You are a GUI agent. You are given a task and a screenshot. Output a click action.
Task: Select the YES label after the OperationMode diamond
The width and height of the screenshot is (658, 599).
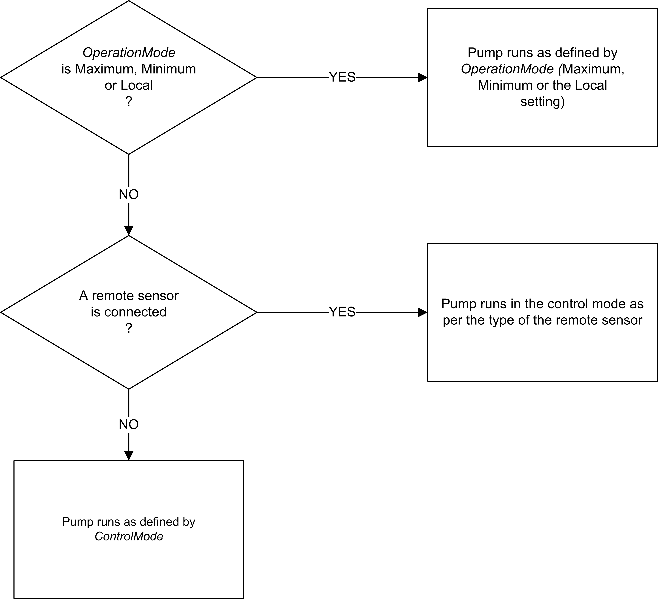[x=342, y=77]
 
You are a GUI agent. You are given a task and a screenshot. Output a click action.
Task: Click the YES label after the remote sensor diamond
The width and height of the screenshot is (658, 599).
[x=342, y=312]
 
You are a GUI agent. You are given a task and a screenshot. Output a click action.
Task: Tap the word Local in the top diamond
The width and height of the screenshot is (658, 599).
[x=137, y=85]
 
